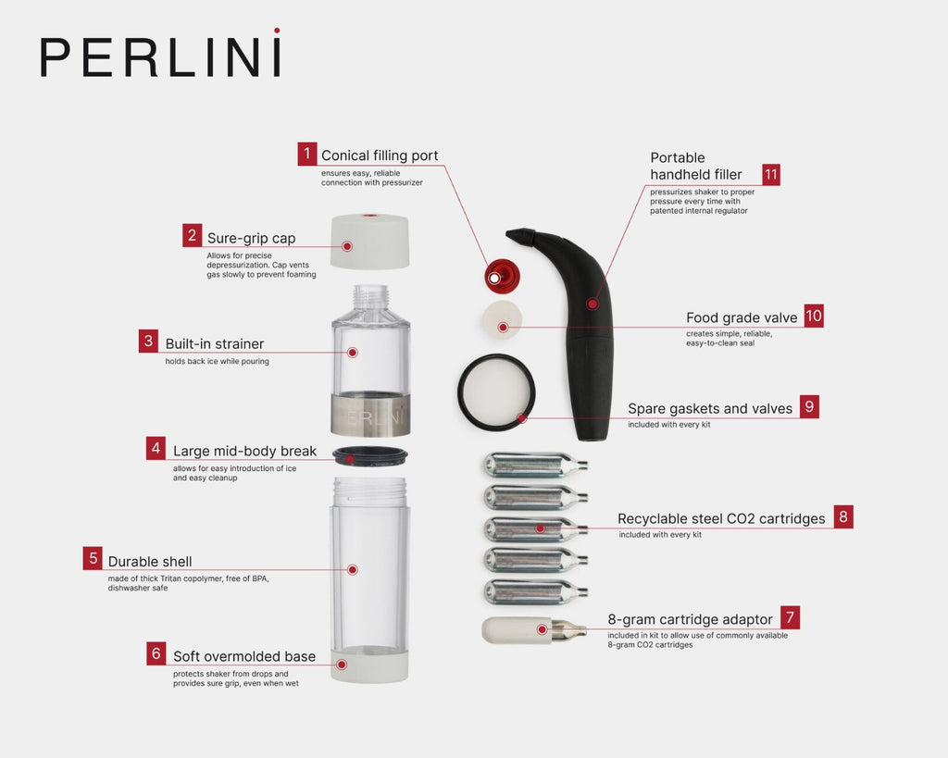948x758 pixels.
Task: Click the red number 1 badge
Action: pyautogui.click(x=307, y=155)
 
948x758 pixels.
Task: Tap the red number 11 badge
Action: pyautogui.click(x=771, y=175)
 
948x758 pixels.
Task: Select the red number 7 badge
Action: pyautogui.click(x=789, y=618)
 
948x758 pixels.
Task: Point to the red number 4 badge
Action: pyautogui.click(x=156, y=451)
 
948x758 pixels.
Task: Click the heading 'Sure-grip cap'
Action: pyautogui.click(x=251, y=238)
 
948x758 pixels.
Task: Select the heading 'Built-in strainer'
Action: pyautogui.click(x=215, y=344)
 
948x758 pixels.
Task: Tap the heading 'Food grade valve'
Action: pyautogui.click(x=742, y=317)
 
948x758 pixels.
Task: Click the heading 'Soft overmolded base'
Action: pyautogui.click(x=244, y=656)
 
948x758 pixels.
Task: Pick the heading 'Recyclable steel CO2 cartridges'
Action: pyautogui.click(x=721, y=518)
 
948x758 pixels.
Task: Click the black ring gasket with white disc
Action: pyautogui.click(x=497, y=392)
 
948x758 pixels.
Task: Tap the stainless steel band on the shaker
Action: pyautogui.click(x=370, y=415)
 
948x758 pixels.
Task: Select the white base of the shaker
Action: pyautogui.click(x=369, y=664)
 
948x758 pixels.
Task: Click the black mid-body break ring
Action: pyautogui.click(x=368, y=454)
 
